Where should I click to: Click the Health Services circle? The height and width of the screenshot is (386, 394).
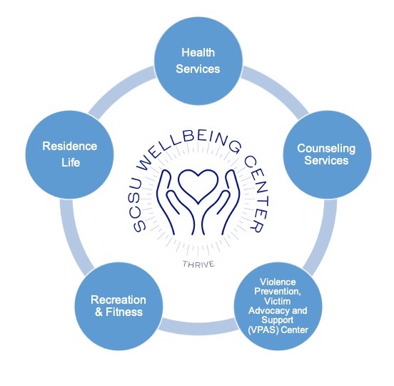pos(198,61)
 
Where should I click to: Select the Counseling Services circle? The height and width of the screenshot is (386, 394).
pos(327,154)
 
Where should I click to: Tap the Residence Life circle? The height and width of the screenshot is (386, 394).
pos(70,154)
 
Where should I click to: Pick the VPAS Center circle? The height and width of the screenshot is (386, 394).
pos(278,306)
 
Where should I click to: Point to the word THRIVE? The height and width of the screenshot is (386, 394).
pos(198,264)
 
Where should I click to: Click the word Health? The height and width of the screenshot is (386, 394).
pos(198,53)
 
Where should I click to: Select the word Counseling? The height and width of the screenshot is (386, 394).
pos(326,149)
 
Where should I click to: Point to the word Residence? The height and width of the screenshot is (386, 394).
pos(70,147)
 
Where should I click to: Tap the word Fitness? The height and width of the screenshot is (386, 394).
pos(124,312)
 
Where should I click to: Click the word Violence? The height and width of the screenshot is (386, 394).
pos(278,282)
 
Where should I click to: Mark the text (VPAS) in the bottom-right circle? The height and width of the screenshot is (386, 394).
pos(263,330)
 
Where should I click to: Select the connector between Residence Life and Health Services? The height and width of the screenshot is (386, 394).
pos(121,90)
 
